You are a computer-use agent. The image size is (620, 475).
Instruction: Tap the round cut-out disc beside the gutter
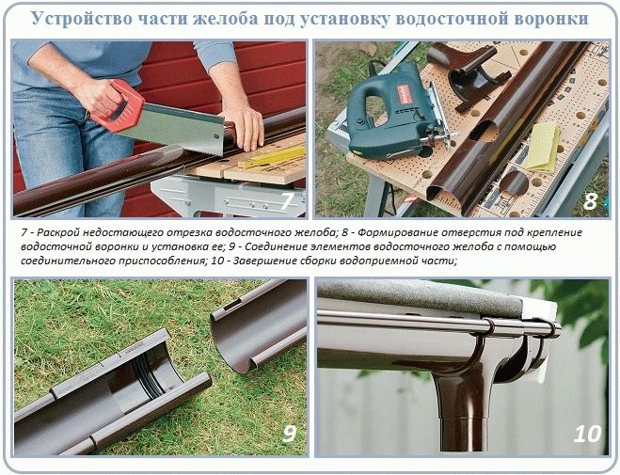(514, 182)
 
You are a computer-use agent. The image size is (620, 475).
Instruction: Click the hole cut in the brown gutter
(484, 131)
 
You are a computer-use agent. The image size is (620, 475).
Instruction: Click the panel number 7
(286, 201)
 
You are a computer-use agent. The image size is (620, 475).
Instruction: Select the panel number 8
(590, 201)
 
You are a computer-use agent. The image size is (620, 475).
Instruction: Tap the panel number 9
(289, 434)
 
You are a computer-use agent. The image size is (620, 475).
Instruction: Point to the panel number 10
(587, 434)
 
